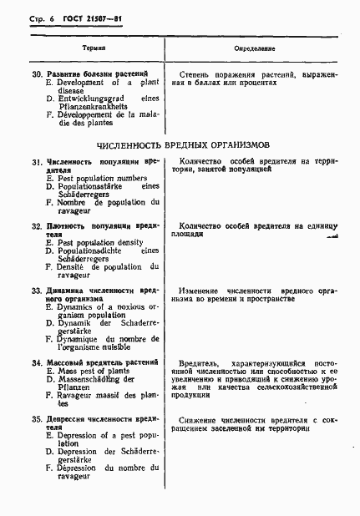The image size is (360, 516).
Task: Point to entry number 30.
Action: [x=38, y=74]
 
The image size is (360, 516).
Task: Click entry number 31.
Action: [x=38, y=161]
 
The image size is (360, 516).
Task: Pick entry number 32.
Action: [x=38, y=226]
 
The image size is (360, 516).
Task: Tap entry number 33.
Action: [x=38, y=291]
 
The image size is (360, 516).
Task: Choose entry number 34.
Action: [x=38, y=363]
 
